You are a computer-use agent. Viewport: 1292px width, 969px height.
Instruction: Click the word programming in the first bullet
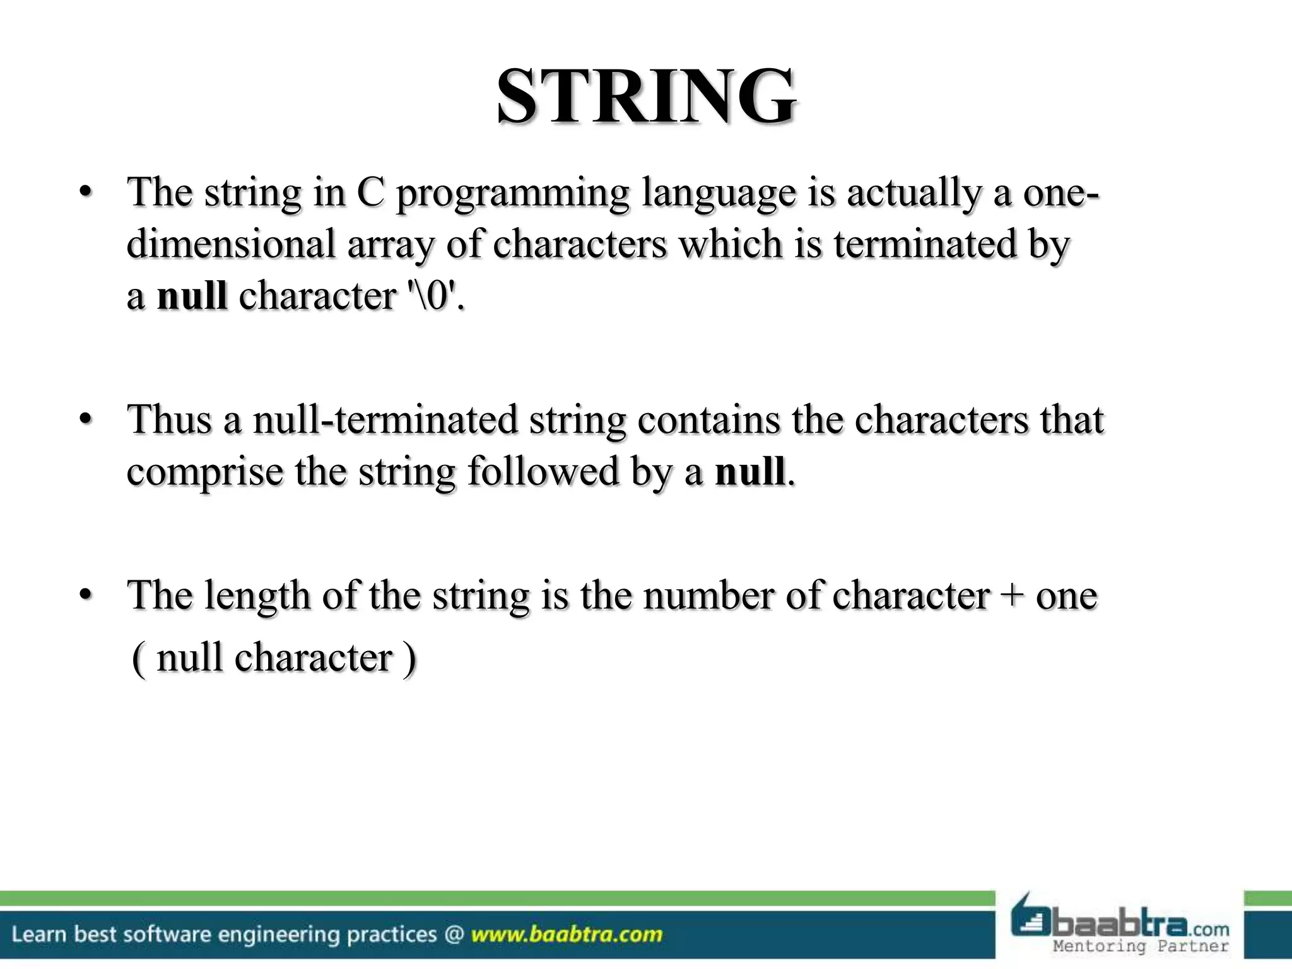(512, 194)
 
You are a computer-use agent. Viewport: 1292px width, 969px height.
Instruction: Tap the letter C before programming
(370, 192)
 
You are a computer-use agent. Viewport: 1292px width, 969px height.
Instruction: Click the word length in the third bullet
(257, 597)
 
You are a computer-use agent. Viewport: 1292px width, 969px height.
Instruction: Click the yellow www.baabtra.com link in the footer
(567, 934)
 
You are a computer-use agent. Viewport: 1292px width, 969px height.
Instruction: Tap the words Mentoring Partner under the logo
(1141, 946)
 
